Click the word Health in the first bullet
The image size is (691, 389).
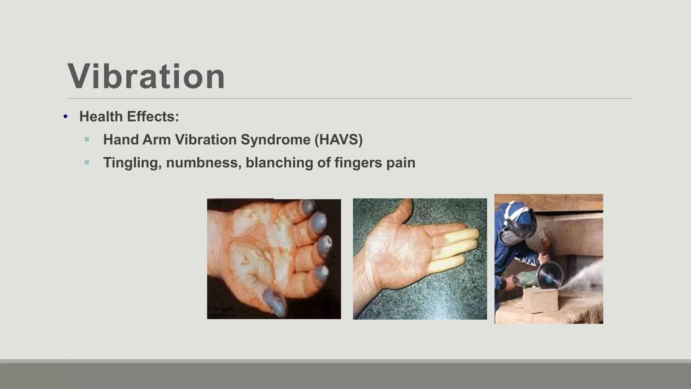pyautogui.click(x=101, y=116)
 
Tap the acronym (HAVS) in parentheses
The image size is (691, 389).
pyautogui.click(x=338, y=139)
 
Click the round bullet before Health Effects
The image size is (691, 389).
pyautogui.click(x=65, y=117)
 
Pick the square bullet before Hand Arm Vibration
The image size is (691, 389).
pyautogui.click(x=87, y=139)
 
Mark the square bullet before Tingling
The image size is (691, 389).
pyautogui.click(x=87, y=162)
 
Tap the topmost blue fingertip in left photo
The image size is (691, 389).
pyautogui.click(x=307, y=206)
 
